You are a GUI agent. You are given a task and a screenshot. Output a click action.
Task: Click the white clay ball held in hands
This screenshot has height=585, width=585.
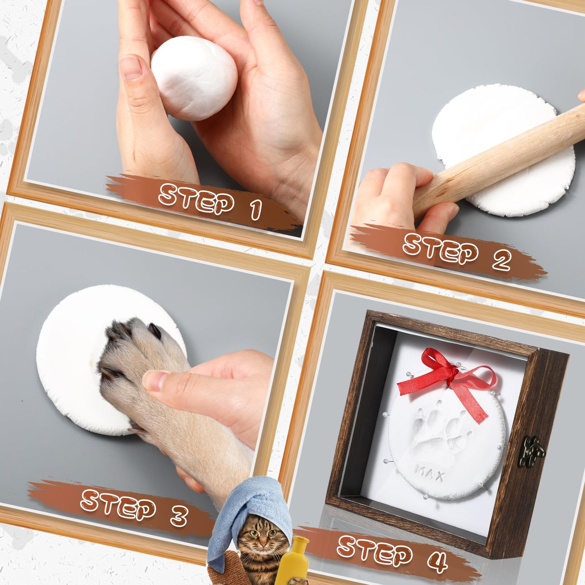click(194, 79)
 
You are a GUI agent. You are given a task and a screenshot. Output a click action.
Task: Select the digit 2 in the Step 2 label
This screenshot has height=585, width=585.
click(501, 261)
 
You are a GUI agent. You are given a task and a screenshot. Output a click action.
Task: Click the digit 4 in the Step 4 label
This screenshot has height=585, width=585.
click(438, 561)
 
